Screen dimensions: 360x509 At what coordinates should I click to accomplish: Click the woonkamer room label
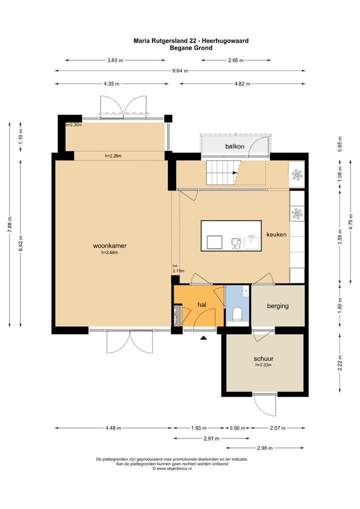[109, 245]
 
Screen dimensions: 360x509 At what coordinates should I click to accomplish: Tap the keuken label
[276, 234]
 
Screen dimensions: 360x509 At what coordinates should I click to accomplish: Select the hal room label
[202, 304]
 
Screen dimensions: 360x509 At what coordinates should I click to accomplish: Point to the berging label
[278, 306]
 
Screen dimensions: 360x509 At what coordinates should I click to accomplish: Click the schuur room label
[263, 358]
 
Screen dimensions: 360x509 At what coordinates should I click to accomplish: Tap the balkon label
[234, 146]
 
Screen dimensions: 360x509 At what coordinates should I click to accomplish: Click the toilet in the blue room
[237, 314]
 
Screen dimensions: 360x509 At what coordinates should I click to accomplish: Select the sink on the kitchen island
[251, 242]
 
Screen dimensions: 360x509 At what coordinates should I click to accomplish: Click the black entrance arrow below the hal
[203, 338]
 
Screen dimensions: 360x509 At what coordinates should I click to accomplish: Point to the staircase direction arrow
[235, 173]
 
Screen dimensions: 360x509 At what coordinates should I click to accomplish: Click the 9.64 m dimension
[180, 71]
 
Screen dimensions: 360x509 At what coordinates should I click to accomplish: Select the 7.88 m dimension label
[9, 224]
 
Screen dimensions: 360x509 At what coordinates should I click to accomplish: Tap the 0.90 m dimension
[237, 428]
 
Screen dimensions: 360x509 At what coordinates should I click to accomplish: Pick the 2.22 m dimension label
[340, 362]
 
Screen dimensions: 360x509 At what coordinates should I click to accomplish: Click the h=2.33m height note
[263, 365]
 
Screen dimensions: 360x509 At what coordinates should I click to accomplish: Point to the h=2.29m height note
[113, 156]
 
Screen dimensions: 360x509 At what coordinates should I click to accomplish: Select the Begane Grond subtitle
[191, 47]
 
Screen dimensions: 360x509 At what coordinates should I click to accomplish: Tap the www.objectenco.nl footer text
[174, 468]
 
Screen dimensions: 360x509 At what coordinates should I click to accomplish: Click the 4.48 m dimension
[113, 428]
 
